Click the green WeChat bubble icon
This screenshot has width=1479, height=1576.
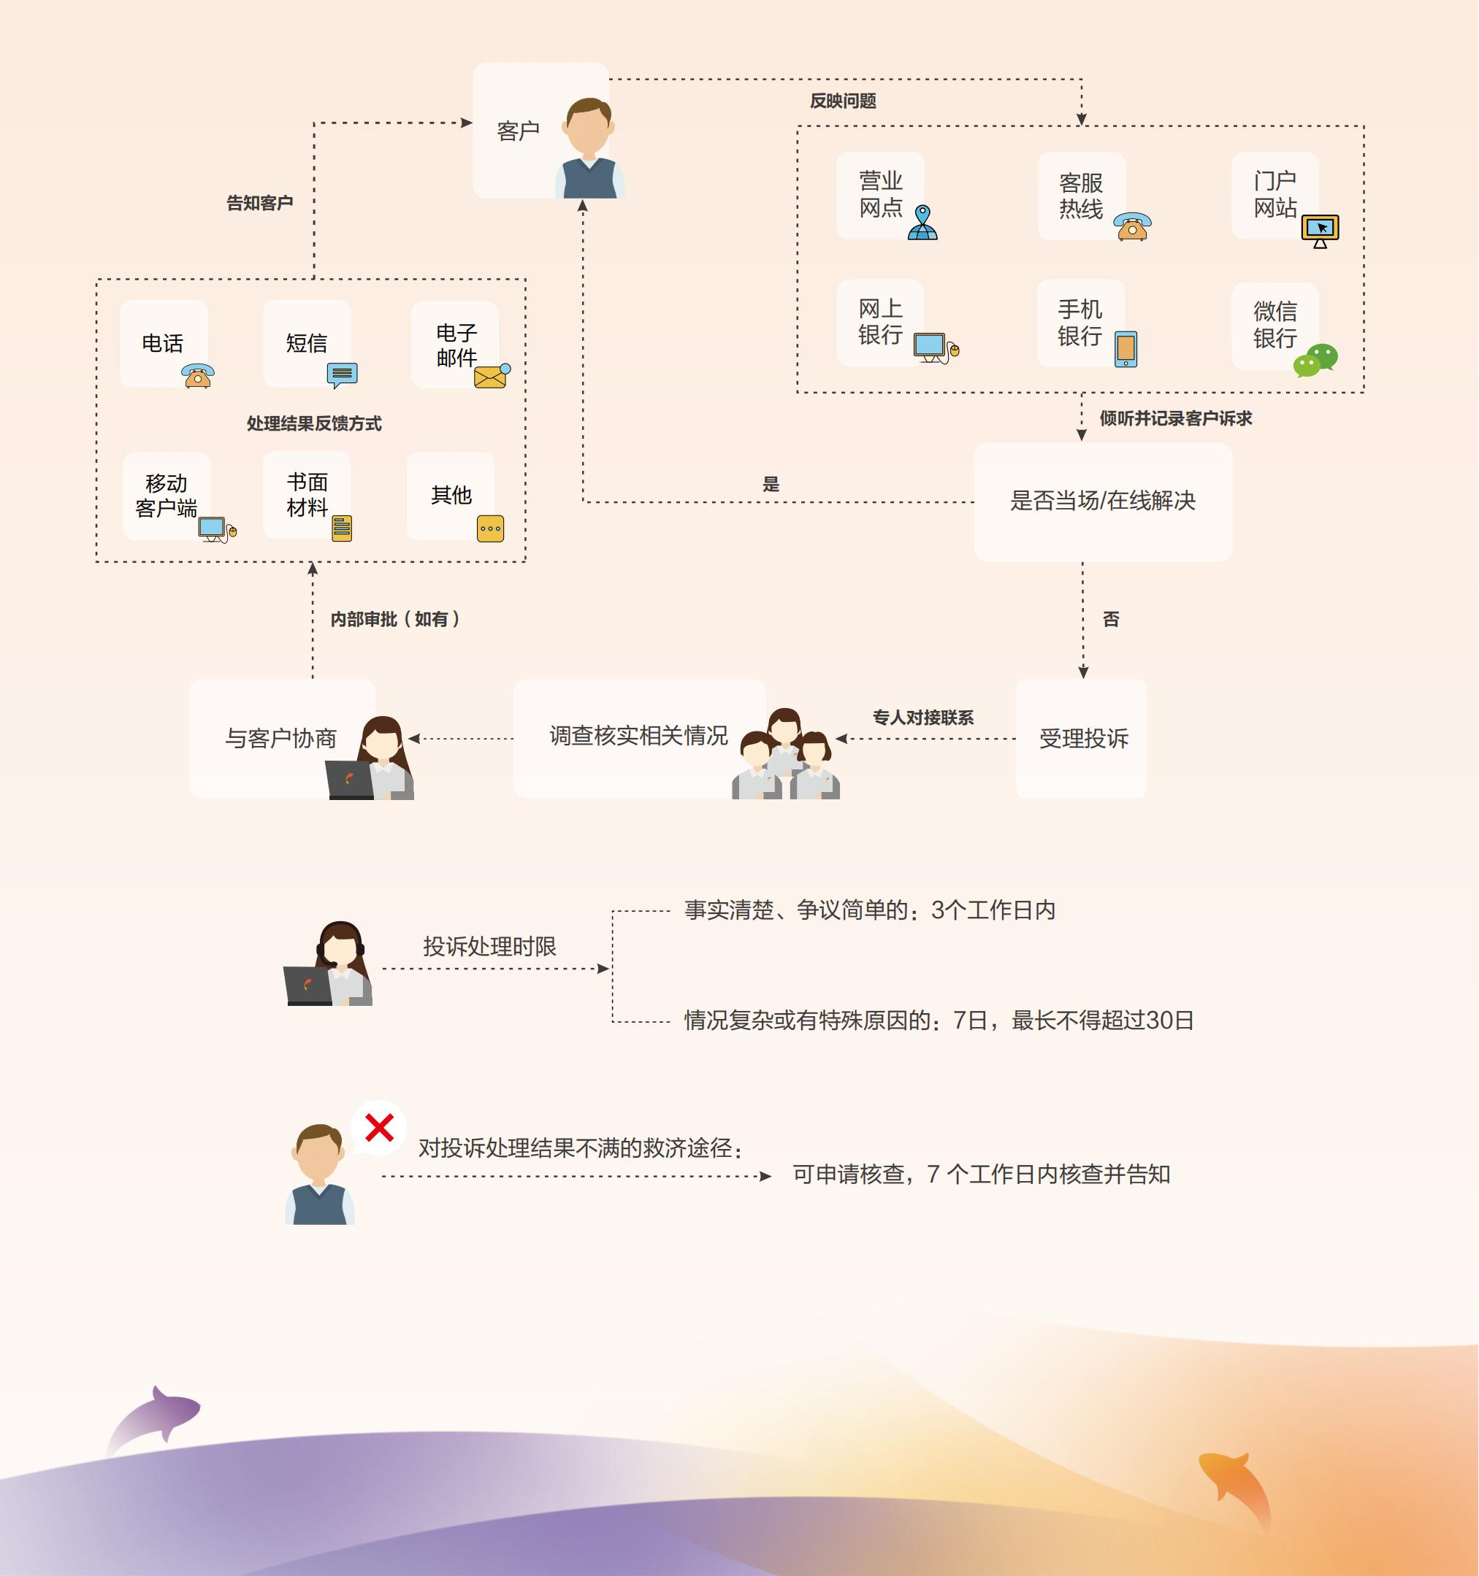point(1315,360)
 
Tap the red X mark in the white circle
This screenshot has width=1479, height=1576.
point(379,1126)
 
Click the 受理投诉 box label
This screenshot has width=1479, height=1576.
point(1083,739)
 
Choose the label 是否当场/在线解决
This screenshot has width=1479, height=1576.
point(1102,501)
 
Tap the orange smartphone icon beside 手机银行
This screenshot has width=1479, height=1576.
point(1126,349)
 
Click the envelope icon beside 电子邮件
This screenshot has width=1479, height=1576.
point(492,376)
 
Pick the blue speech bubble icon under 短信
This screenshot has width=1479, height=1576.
point(342,374)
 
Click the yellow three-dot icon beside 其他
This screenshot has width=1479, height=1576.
point(490,528)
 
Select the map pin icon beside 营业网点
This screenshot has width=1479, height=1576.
point(922,223)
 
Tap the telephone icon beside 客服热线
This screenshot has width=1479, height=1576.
point(1133,226)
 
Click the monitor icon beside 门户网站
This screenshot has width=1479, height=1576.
point(1320,230)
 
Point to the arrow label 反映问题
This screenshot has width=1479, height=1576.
point(842,101)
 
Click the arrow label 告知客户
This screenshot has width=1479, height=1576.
point(259,204)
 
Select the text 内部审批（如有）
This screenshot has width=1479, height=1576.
point(396,619)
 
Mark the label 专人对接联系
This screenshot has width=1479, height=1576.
point(923,718)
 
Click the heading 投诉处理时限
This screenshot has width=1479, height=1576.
point(489,947)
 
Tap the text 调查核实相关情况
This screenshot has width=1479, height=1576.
point(638,736)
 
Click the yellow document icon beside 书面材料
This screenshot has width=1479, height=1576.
point(342,528)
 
